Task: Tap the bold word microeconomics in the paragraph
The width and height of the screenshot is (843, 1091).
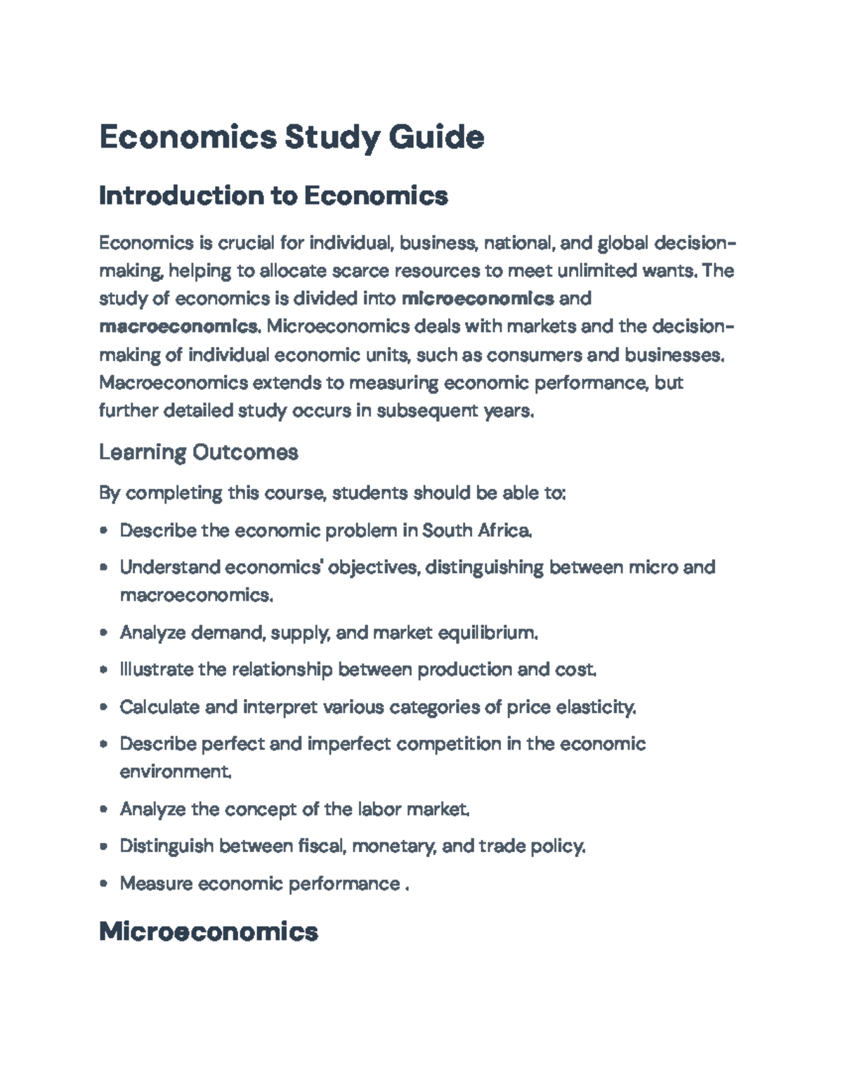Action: click(x=477, y=299)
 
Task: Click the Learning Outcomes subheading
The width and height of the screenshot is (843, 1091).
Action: click(x=198, y=452)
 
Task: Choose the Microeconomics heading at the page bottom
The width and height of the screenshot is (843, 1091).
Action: click(x=209, y=932)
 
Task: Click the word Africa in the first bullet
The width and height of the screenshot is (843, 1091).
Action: click(x=504, y=530)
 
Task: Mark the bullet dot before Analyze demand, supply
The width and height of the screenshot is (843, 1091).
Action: click(x=104, y=633)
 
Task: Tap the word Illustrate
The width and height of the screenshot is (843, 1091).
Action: click(x=156, y=669)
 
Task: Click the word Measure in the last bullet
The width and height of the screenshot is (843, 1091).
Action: click(x=157, y=883)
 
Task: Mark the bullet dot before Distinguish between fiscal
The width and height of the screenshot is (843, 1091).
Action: click(x=104, y=847)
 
